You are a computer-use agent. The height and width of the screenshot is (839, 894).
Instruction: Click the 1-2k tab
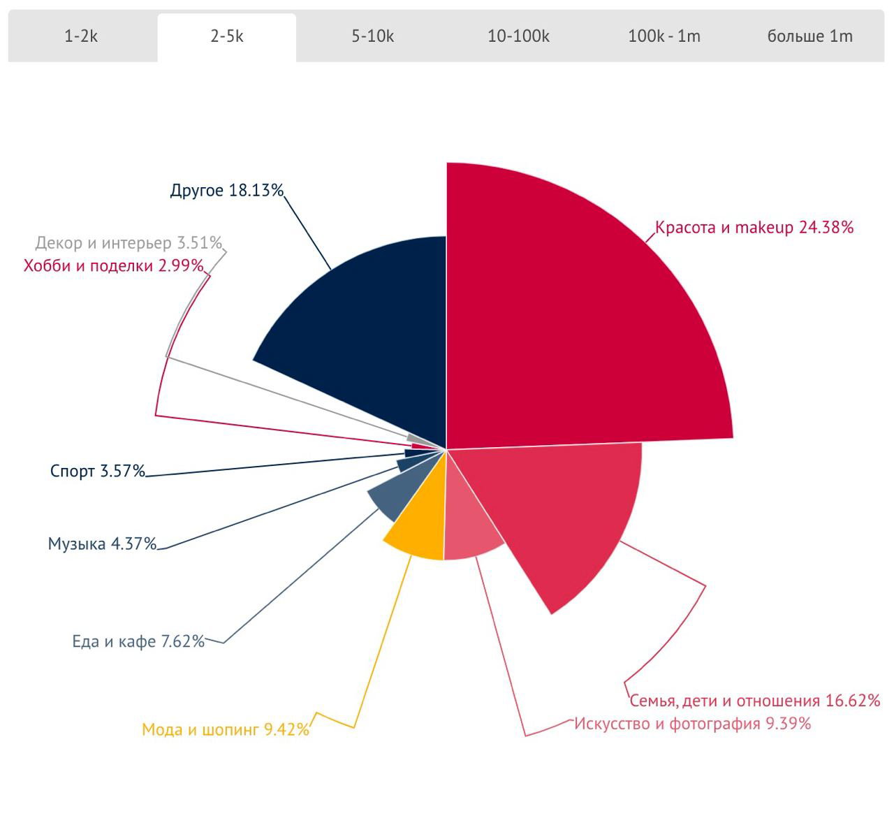coord(81,36)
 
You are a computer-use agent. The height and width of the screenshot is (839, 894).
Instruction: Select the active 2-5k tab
coord(227,36)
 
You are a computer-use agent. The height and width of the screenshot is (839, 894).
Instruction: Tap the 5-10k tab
coord(372,36)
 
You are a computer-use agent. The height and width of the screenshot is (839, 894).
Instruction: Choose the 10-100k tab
coord(518,36)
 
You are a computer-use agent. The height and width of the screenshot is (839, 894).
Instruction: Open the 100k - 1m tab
coord(664,36)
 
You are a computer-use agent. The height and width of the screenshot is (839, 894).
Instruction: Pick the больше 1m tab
coord(809,36)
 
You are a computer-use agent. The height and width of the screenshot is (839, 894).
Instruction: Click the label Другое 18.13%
coord(226,190)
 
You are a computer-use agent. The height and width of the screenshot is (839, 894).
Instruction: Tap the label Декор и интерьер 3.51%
coord(129,243)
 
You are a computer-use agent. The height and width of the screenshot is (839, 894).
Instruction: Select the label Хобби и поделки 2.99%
coord(113,265)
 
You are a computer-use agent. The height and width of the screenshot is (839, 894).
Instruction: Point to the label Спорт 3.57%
coord(97,471)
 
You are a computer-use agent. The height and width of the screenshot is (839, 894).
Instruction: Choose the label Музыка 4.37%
coord(102,543)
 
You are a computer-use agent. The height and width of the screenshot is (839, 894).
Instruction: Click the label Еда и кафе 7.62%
coord(138,641)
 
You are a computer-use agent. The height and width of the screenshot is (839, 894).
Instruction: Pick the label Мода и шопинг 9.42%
coord(225,730)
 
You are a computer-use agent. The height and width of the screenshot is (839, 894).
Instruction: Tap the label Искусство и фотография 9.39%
coord(692,723)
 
